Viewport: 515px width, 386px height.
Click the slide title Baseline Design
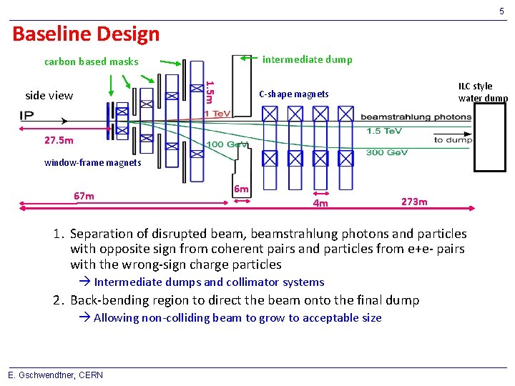(x=86, y=34)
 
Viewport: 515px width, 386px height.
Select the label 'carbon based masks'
(x=91, y=61)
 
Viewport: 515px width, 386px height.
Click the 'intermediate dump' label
(x=307, y=59)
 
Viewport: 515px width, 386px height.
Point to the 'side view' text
(x=49, y=95)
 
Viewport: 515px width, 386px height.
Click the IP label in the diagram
(x=28, y=116)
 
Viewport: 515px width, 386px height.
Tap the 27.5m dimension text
(x=58, y=140)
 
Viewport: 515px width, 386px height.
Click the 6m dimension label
(x=242, y=189)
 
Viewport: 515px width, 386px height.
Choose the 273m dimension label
(x=414, y=202)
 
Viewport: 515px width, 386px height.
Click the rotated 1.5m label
(x=209, y=91)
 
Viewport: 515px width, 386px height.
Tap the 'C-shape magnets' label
(x=293, y=94)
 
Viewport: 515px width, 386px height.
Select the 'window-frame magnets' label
(x=92, y=163)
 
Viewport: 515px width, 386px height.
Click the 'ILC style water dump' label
(x=481, y=92)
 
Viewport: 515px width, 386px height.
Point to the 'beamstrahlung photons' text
(x=416, y=117)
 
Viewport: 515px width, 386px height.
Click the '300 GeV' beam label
(x=385, y=152)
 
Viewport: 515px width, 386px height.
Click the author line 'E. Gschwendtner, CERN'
(x=55, y=375)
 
